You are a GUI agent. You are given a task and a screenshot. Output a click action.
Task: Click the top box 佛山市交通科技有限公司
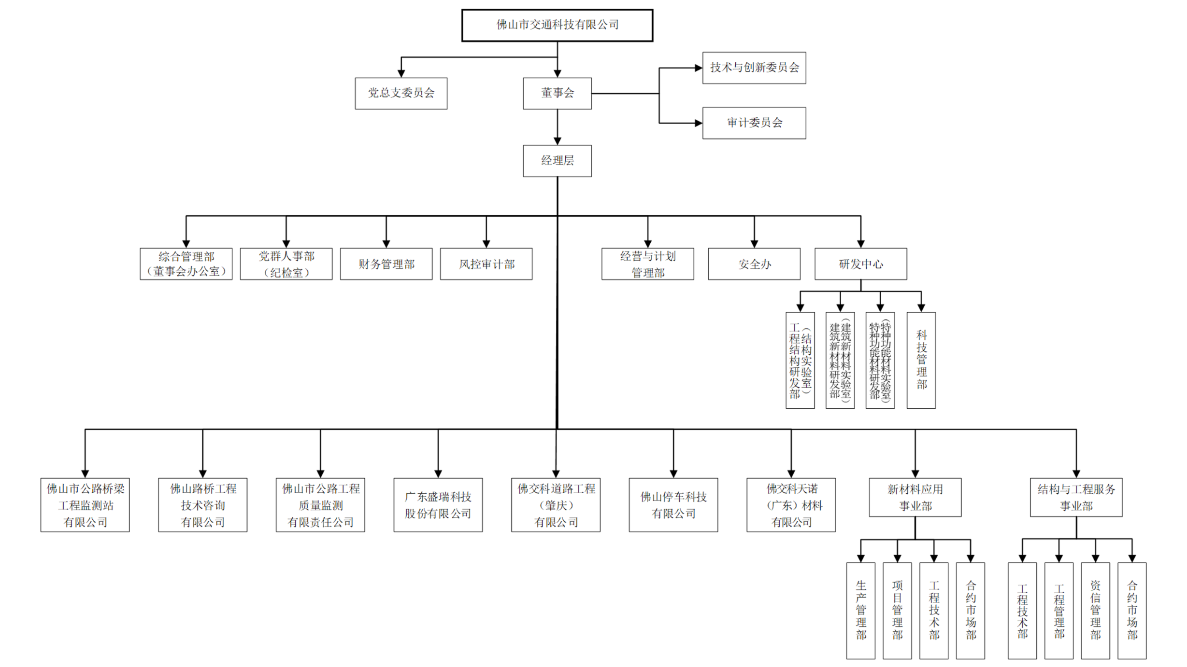click(x=557, y=25)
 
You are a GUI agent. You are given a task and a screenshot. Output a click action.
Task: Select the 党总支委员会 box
click(x=401, y=93)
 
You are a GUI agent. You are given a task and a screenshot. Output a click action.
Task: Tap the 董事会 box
click(x=557, y=93)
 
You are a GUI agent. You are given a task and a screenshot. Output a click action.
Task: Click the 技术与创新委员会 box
click(x=754, y=68)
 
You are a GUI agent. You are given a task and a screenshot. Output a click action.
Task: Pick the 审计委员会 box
click(x=754, y=123)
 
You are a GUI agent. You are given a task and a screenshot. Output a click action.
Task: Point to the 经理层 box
click(x=557, y=161)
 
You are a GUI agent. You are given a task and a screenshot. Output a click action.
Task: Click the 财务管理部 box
click(x=386, y=264)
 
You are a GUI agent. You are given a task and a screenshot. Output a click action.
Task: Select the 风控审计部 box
click(x=486, y=264)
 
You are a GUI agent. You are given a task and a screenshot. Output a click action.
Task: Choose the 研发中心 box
click(x=860, y=264)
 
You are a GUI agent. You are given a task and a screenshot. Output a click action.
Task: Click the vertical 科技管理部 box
click(x=921, y=360)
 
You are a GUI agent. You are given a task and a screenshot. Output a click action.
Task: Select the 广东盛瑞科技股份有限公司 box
click(x=438, y=505)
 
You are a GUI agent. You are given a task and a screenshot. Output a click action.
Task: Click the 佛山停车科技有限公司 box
click(x=673, y=505)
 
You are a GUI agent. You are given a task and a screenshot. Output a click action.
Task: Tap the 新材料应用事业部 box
click(x=915, y=497)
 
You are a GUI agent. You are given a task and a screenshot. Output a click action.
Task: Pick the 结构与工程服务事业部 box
click(x=1076, y=497)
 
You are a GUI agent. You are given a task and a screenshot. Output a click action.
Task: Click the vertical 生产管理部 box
click(x=860, y=611)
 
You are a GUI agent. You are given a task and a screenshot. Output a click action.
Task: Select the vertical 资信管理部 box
click(x=1095, y=611)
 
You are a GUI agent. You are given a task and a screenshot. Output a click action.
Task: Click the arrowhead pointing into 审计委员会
click(x=698, y=123)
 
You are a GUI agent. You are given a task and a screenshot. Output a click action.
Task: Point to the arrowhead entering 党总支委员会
click(x=401, y=73)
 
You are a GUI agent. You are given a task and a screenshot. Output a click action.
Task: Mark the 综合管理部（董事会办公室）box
click(x=186, y=264)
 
